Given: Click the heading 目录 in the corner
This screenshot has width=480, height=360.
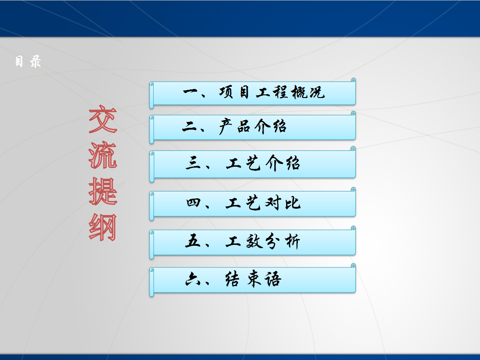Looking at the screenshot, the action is pyautogui.click(x=28, y=61).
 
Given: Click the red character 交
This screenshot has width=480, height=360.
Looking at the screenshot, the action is pyautogui.click(x=103, y=119).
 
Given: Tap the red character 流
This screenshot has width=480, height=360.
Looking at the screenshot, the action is pyautogui.click(x=103, y=155).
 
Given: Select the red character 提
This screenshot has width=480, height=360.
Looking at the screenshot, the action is pyautogui.click(x=103, y=191).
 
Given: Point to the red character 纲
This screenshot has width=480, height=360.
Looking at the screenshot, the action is pyautogui.click(x=103, y=227).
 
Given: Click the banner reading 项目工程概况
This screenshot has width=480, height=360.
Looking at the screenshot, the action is pyautogui.click(x=253, y=93).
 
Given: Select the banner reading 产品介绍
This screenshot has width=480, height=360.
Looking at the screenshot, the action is pyautogui.click(x=253, y=127).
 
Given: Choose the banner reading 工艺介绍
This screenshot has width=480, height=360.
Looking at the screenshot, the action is pyautogui.click(x=253, y=164).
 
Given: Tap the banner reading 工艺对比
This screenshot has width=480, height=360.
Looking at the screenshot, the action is pyautogui.click(x=253, y=204).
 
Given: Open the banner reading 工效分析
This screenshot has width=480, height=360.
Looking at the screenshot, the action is pyautogui.click(x=253, y=242).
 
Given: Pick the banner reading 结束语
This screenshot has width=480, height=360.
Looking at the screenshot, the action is pyautogui.click(x=253, y=280).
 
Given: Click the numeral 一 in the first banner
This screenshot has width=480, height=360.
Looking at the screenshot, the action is pyautogui.click(x=191, y=91).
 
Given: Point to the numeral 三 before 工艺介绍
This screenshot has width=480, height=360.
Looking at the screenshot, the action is pyautogui.click(x=193, y=163).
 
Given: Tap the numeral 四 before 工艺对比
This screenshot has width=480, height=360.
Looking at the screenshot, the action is pyautogui.click(x=193, y=202).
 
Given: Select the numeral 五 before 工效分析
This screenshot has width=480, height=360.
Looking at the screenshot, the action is pyautogui.click(x=193, y=241).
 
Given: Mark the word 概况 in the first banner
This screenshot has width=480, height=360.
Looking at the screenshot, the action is pyautogui.click(x=308, y=92).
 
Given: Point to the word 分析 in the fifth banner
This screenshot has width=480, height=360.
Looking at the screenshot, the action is pyautogui.click(x=282, y=241).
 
